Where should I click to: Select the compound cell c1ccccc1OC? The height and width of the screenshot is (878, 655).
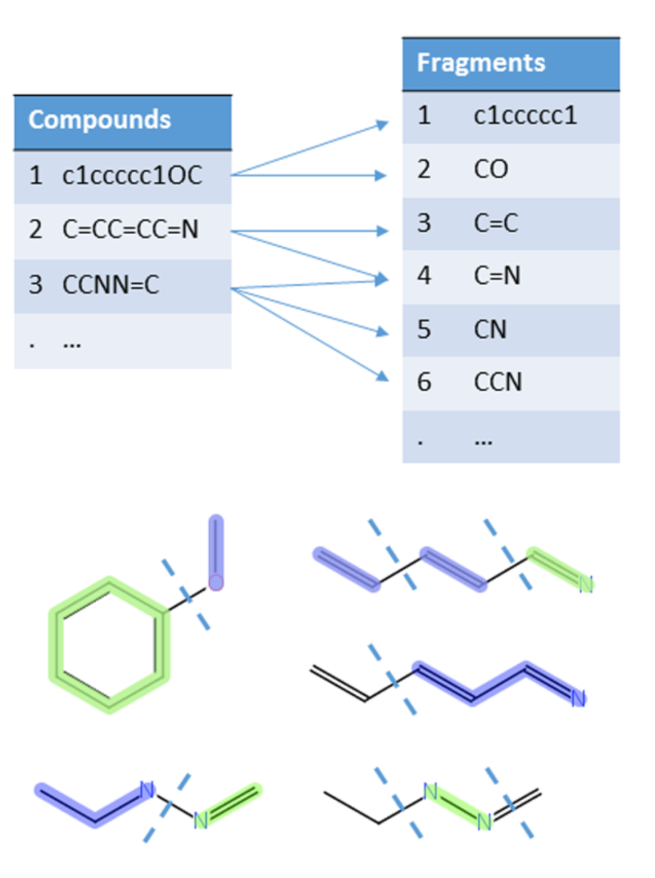click(132, 176)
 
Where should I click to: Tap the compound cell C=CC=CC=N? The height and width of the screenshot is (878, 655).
click(130, 230)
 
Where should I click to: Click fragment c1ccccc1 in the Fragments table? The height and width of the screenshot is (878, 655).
click(525, 116)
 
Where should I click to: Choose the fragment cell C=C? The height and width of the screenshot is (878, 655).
click(495, 223)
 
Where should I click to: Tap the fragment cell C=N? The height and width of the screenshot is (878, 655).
click(497, 276)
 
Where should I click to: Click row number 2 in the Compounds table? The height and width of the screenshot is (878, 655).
click(36, 230)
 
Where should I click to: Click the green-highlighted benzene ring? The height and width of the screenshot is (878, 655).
click(110, 644)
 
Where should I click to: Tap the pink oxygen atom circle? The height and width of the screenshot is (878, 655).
click(216, 583)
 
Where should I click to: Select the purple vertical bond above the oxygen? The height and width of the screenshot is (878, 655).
click(216, 546)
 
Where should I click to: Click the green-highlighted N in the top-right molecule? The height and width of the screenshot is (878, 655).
click(585, 584)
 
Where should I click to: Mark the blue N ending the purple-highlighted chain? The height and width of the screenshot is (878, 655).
click(578, 698)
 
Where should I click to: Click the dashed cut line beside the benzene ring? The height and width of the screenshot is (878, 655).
click(186, 595)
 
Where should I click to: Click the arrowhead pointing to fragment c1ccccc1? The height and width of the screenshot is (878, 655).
click(382, 124)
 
